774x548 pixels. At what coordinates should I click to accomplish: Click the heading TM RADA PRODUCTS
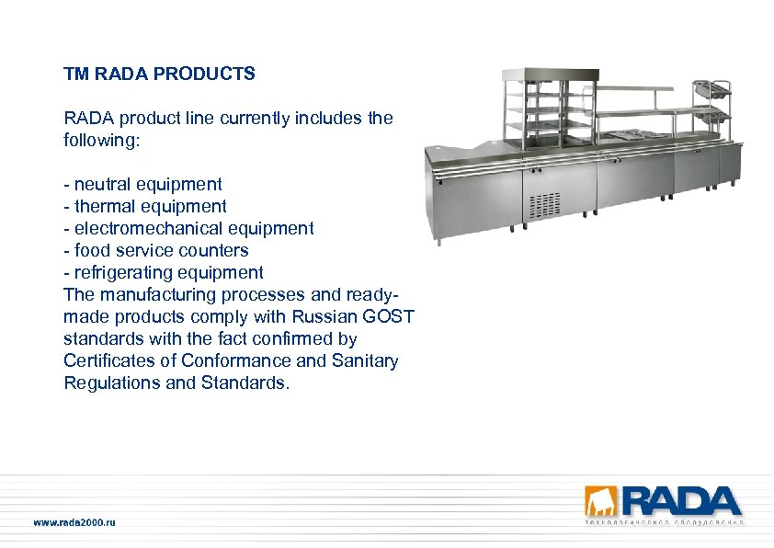click(x=159, y=74)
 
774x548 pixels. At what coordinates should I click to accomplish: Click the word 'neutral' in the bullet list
click(x=102, y=184)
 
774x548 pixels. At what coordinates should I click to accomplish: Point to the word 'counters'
click(x=214, y=250)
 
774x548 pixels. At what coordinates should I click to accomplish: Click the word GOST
click(x=391, y=316)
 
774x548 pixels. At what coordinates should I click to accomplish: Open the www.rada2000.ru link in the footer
click(x=75, y=522)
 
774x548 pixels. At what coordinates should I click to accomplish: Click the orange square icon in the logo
click(x=603, y=501)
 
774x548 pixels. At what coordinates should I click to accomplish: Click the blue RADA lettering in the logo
click(x=682, y=501)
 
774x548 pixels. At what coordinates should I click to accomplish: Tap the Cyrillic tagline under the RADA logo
click(x=664, y=522)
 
